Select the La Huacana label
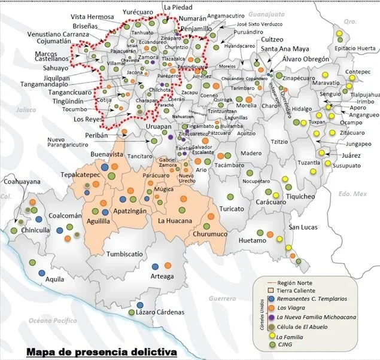174,221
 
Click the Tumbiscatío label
127,254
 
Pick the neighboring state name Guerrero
222,298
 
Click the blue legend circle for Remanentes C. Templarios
272,298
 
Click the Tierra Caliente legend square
272,289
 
